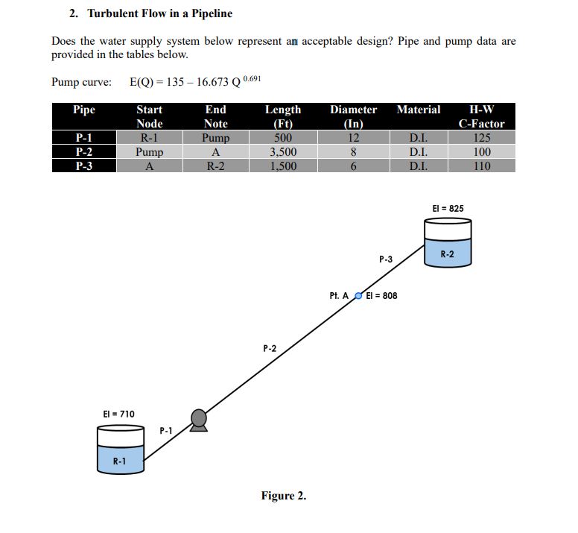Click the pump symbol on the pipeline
(198, 420)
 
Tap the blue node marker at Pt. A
(358, 296)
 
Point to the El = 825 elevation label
(448, 208)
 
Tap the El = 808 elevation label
(381, 296)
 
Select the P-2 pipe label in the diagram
(270, 348)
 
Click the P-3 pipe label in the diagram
(385, 259)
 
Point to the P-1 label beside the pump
(166, 430)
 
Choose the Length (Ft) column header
(283, 116)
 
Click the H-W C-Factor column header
(481, 116)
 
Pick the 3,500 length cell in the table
(283, 152)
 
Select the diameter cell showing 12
(354, 138)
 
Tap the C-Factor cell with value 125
(482, 138)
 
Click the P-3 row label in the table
(84, 166)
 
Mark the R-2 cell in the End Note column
(215, 166)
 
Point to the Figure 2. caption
(283, 496)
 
